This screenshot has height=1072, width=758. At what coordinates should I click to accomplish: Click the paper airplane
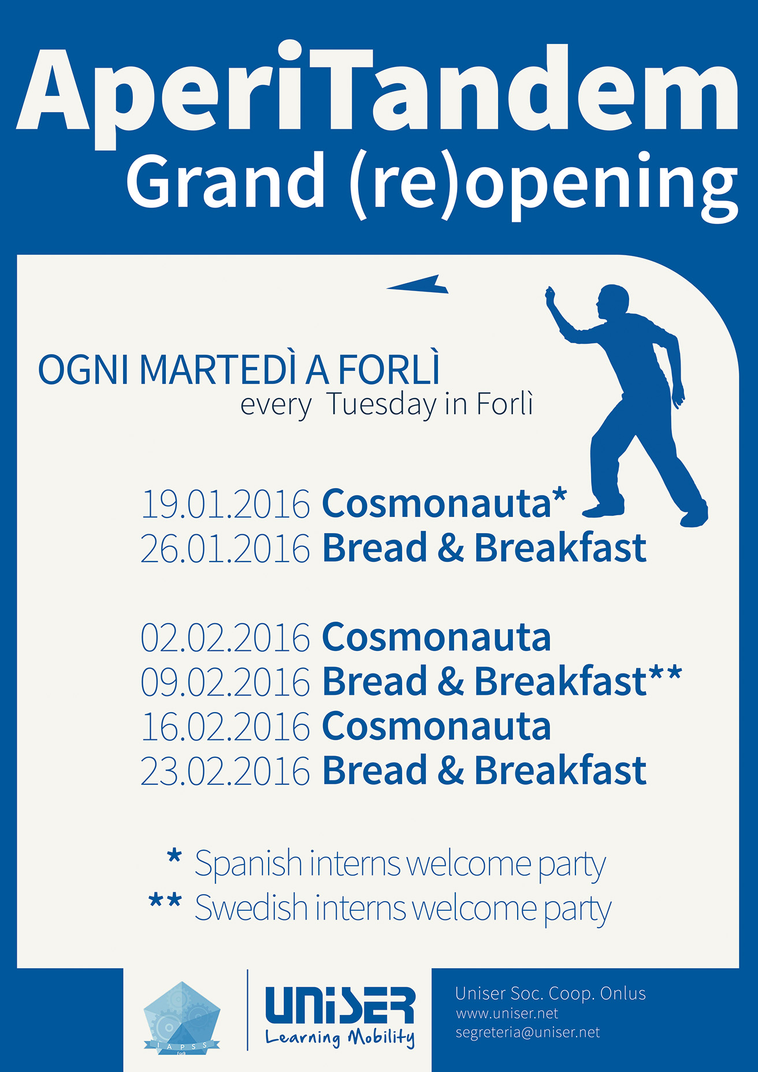(x=417, y=284)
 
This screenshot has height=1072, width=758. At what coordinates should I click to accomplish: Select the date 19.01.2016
(x=225, y=504)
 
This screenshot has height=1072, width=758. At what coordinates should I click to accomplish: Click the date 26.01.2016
(x=225, y=548)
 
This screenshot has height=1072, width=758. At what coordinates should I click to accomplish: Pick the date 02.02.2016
(x=225, y=638)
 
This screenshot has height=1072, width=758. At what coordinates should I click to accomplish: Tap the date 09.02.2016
(x=225, y=682)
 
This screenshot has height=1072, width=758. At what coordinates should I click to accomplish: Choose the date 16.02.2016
(x=225, y=727)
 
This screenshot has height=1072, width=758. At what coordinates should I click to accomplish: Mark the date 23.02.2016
(x=225, y=771)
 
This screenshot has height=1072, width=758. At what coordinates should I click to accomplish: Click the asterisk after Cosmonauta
(x=559, y=496)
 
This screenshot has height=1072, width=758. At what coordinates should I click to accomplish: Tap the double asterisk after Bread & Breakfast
(x=665, y=674)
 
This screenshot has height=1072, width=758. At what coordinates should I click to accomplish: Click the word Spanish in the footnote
(x=248, y=865)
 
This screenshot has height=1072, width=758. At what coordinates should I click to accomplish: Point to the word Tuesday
(x=381, y=405)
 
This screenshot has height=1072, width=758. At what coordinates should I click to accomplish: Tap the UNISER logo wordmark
(x=340, y=1006)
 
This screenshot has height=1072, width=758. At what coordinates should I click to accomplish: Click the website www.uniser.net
(x=507, y=1014)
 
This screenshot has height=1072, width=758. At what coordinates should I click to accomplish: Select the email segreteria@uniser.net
(x=527, y=1033)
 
